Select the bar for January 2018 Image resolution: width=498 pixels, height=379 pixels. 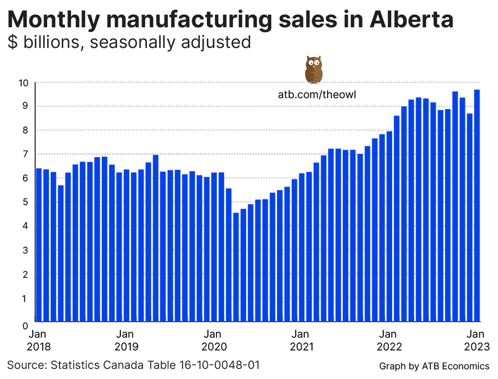click(x=39, y=245)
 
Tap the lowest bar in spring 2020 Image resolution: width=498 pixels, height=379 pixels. click(x=236, y=267)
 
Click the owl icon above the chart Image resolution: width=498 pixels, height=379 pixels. click(x=313, y=70)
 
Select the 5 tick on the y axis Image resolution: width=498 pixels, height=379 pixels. click(x=26, y=202)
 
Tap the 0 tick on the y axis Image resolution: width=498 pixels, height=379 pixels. click(x=26, y=325)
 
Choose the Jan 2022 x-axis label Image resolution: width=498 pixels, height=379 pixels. click(x=389, y=340)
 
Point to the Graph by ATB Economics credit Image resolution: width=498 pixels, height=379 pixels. click(x=434, y=366)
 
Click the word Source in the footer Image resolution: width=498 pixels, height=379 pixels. click(x=25, y=365)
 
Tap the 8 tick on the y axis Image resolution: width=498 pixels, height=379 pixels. click(x=26, y=130)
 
